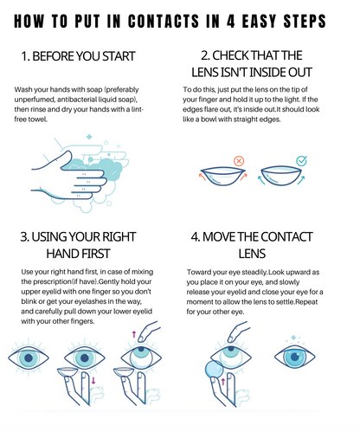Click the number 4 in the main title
231,21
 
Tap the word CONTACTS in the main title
164,21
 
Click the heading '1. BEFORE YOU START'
78,56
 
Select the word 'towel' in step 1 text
38,119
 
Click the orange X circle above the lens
239,161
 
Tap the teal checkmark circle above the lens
302,161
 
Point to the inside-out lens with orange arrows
223,176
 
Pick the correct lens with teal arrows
281,176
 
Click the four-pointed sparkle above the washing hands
89,137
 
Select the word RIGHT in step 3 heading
119,237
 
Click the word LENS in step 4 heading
252,254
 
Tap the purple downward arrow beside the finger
93,380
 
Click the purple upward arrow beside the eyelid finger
134,334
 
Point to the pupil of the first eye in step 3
29,358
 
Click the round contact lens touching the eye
215,370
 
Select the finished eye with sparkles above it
294,357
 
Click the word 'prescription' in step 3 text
52,281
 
